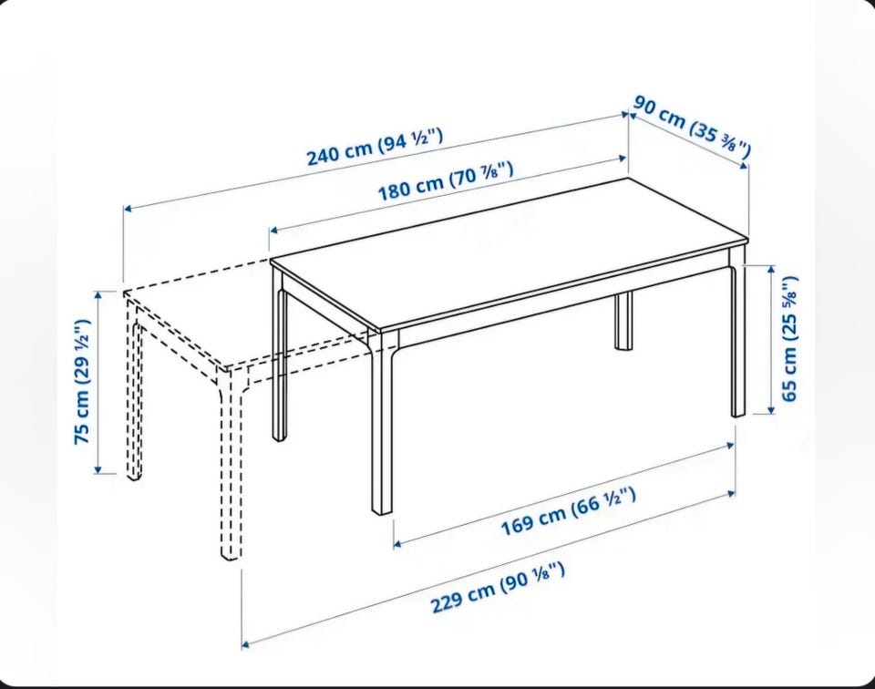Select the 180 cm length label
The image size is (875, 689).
446,180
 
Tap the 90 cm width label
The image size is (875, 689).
692,126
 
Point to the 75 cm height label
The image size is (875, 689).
82,382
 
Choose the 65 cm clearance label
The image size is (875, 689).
789,338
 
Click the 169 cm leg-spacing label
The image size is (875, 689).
568,511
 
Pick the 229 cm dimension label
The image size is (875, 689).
498,588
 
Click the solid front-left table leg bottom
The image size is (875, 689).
382,509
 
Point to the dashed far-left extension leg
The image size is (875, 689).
134,391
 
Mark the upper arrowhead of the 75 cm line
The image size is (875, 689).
98,295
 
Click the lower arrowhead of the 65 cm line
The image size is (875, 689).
772,409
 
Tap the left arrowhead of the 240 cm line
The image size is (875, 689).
128,209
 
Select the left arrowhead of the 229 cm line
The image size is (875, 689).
245,645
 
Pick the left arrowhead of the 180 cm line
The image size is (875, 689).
274,230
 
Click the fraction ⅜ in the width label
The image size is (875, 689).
729,143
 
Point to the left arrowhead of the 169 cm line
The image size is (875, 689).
398,543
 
